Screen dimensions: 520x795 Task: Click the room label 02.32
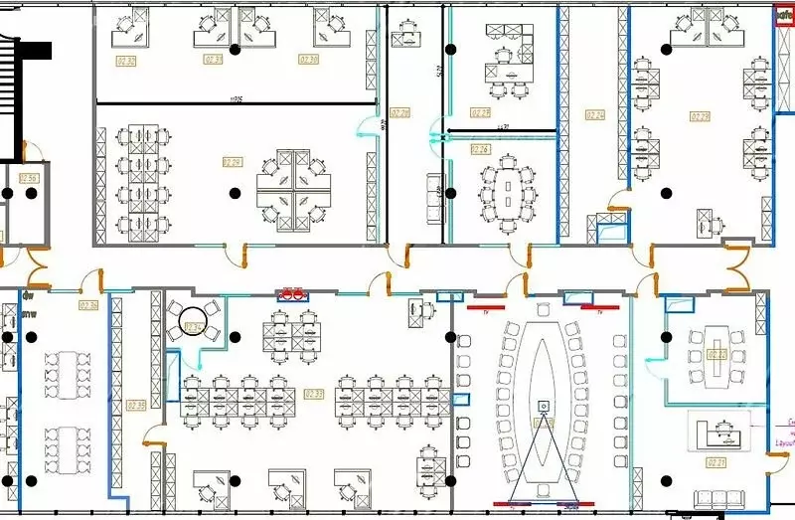click(126, 61)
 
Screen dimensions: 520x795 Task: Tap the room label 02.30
click(309, 60)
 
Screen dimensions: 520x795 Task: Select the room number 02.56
click(28, 178)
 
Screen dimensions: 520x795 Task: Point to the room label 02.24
click(595, 114)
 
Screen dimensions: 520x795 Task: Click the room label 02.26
click(479, 149)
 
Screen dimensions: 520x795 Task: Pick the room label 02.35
click(137, 405)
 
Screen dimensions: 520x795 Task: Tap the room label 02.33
click(314, 394)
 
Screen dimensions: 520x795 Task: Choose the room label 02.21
click(715, 462)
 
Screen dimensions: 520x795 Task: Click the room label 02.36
click(88, 305)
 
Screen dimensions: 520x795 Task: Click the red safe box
click(783, 15)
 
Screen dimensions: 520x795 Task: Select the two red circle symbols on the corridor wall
click(293, 293)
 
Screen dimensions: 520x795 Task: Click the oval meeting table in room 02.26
click(509, 186)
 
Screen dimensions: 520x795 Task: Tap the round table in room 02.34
click(191, 322)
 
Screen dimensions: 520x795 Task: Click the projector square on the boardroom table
click(544, 406)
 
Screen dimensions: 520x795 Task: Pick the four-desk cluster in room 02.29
click(295, 189)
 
